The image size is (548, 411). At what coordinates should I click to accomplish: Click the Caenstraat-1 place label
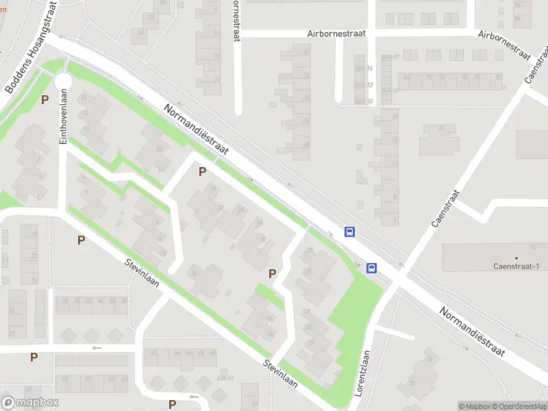[x=516, y=266]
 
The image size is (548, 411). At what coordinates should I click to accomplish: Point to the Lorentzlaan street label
[x=364, y=373]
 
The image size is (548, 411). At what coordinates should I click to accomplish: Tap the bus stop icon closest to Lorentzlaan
[x=372, y=268]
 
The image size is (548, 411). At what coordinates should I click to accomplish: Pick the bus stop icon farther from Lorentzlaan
[x=349, y=232]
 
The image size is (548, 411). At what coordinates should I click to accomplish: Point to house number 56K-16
[x=364, y=68]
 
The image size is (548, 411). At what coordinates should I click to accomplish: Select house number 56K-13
[x=364, y=85]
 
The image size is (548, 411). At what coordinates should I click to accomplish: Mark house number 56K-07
[x=390, y=90]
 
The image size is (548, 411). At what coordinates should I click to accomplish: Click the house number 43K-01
[x=225, y=378]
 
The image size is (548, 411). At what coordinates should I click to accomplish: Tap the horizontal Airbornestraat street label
[x=336, y=33]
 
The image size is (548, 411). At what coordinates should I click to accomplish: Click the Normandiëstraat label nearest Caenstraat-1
[x=473, y=332]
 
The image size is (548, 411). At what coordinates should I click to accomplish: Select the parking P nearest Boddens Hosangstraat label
[x=45, y=99]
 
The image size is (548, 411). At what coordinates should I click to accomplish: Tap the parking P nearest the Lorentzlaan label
[x=273, y=273]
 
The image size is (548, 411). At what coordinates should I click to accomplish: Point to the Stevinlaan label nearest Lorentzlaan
[x=278, y=373]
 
